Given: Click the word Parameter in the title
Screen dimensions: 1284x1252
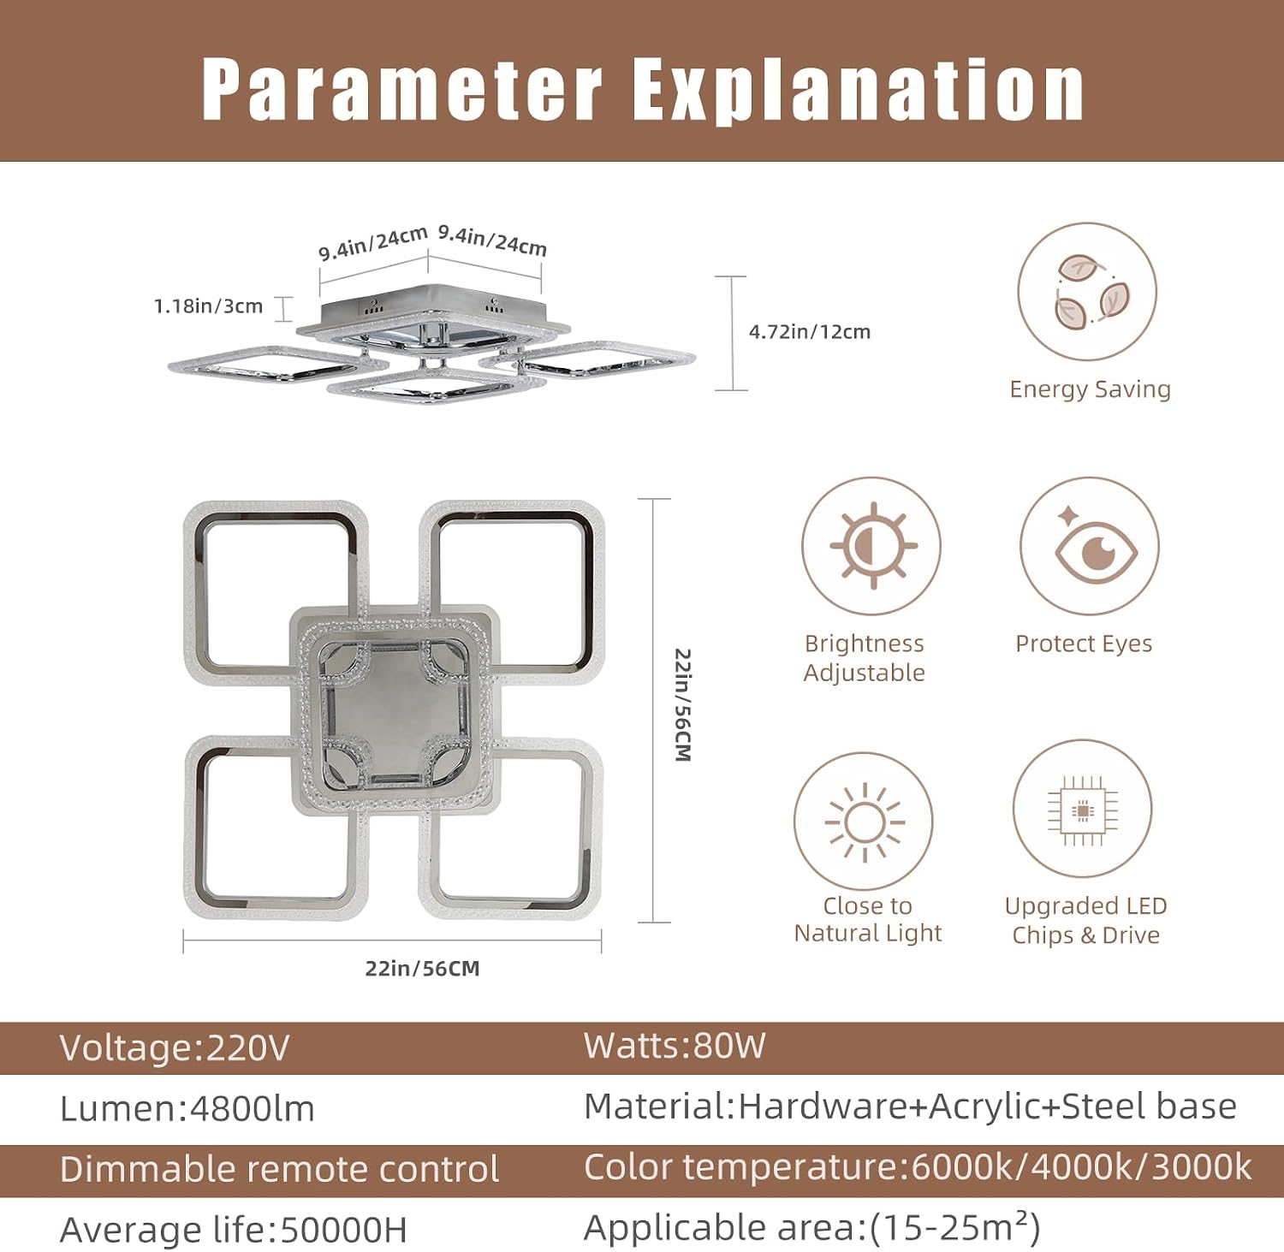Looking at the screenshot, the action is (402, 90).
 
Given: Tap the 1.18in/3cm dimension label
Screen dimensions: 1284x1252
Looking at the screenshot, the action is (208, 306).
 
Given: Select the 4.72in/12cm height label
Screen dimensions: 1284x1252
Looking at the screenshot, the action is (810, 332).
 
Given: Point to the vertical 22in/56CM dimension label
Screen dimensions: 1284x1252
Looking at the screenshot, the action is (682, 705).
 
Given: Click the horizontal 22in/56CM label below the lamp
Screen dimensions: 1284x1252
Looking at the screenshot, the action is (422, 969).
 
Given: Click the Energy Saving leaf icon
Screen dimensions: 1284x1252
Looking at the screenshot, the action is (1087, 292).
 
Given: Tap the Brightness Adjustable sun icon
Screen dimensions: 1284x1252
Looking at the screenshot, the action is (871, 546).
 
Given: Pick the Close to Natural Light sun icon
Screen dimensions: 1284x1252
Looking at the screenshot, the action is (864, 822).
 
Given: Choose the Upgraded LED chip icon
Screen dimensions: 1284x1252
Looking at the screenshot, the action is (1083, 810).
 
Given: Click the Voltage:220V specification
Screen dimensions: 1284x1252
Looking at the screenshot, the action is (175, 1048).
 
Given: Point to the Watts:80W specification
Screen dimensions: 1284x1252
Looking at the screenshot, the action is (675, 1047).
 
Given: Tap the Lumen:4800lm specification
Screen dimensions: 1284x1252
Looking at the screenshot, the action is (187, 1109).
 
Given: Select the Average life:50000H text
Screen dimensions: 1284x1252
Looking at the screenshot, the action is (234, 1231).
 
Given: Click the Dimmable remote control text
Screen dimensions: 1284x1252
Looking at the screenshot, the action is (279, 1169).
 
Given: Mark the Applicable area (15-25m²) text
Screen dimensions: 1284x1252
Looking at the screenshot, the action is (811, 1228).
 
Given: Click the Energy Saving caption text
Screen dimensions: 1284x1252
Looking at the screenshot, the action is (1090, 389).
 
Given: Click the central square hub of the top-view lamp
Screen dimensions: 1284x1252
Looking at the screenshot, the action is (395, 712).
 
